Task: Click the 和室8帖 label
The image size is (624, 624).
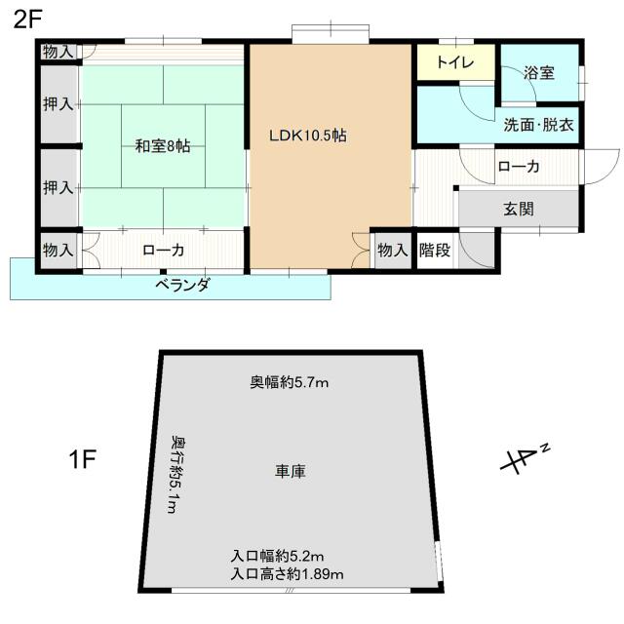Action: [x=162, y=146]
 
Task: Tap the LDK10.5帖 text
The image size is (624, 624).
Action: [x=308, y=136]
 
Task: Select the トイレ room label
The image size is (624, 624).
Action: [x=455, y=62]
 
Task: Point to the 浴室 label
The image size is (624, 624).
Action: [x=537, y=71]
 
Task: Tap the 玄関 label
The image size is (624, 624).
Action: [x=518, y=208]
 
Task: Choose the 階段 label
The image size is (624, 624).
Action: [x=435, y=251]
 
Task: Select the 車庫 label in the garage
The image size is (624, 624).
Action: [x=291, y=471]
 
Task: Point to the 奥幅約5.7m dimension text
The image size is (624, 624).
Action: [x=290, y=382]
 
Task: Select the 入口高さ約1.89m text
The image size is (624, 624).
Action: [x=288, y=573]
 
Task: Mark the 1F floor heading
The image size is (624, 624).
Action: [x=82, y=459]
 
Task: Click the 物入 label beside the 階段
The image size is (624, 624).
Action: [x=392, y=251]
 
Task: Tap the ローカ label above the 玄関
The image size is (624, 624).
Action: [x=518, y=167]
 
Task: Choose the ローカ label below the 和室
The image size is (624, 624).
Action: [x=163, y=251]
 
